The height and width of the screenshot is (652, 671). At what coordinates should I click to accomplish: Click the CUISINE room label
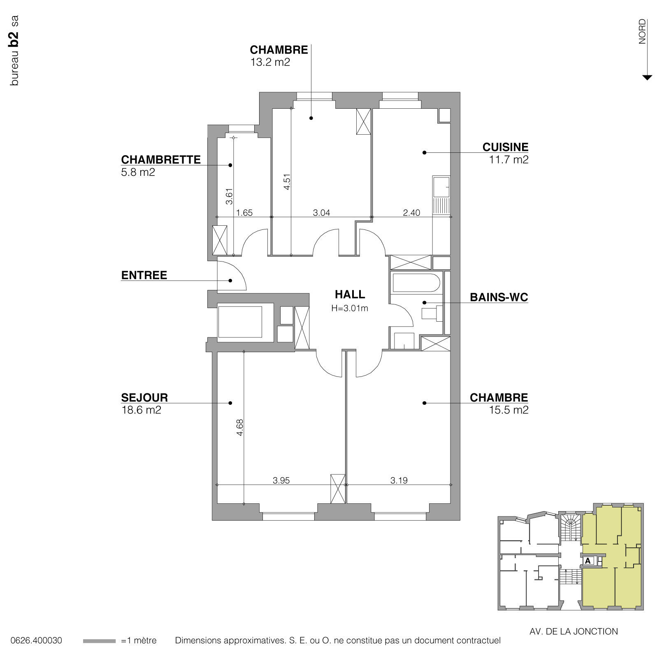[505, 147]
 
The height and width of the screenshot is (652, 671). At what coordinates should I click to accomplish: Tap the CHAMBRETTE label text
[161, 160]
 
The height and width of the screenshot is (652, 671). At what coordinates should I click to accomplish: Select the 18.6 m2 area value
[141, 410]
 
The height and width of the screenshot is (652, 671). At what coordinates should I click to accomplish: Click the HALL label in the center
[350, 294]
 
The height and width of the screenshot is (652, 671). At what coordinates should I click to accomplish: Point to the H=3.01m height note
[350, 308]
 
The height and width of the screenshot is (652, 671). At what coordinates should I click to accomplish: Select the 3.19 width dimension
[399, 480]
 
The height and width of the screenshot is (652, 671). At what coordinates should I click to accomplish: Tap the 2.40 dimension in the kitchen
[411, 213]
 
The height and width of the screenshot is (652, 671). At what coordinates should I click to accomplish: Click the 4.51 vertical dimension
[287, 182]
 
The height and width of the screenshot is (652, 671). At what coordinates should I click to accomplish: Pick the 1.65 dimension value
[244, 213]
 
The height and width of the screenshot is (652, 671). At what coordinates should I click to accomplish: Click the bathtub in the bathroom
[416, 283]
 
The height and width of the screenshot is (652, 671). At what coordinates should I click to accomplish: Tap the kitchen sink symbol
[441, 187]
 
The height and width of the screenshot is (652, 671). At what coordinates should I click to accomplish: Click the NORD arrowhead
[647, 77]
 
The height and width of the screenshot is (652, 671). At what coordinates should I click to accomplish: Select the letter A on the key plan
[587, 561]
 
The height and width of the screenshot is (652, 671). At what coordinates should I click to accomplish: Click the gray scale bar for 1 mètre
[99, 641]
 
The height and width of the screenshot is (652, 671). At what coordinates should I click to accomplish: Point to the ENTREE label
[144, 275]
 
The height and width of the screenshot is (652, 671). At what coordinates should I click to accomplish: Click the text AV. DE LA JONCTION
[573, 631]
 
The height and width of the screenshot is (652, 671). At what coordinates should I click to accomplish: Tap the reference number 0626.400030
[37, 641]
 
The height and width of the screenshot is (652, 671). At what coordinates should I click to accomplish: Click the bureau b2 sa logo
[14, 50]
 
